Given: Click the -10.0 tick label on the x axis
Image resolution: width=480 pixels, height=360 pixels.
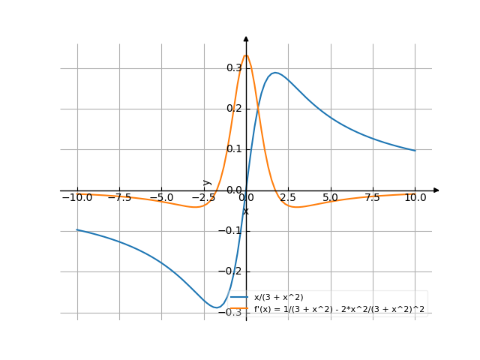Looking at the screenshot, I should tap(76, 198).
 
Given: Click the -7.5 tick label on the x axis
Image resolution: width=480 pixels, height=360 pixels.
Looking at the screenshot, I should tap(118, 198).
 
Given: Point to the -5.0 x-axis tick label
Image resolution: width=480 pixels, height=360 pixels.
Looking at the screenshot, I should tap(161, 198).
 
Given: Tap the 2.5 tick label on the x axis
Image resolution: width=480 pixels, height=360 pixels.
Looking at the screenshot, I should tap(288, 198).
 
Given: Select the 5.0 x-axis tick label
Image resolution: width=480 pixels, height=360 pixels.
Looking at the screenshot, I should tap(330, 198).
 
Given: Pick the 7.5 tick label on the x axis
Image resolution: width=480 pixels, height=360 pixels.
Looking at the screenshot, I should tap(372, 198).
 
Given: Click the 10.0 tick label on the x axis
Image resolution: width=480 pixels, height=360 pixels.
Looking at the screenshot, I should tap(414, 198).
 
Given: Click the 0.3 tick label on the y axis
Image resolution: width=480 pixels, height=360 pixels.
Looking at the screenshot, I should tap(234, 68).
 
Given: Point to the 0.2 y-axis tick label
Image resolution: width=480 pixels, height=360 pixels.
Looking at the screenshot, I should tap(234, 109).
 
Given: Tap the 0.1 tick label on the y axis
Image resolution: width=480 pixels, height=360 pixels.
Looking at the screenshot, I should tap(234, 149).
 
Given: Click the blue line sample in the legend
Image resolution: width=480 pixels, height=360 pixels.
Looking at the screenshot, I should tap(240, 298).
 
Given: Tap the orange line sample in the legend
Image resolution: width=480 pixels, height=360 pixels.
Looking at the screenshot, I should tap(240, 308).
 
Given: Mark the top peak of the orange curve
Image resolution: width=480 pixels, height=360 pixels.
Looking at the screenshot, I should tap(246, 55).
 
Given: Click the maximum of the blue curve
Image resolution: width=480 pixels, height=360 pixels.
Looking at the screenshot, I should tap(275, 73).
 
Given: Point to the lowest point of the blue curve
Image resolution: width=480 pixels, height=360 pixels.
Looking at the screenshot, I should tap(217, 307).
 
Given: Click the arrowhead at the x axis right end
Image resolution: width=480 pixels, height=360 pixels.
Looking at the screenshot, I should tap(436, 190).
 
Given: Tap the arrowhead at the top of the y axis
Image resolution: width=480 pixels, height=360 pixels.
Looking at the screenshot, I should tap(246, 38).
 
